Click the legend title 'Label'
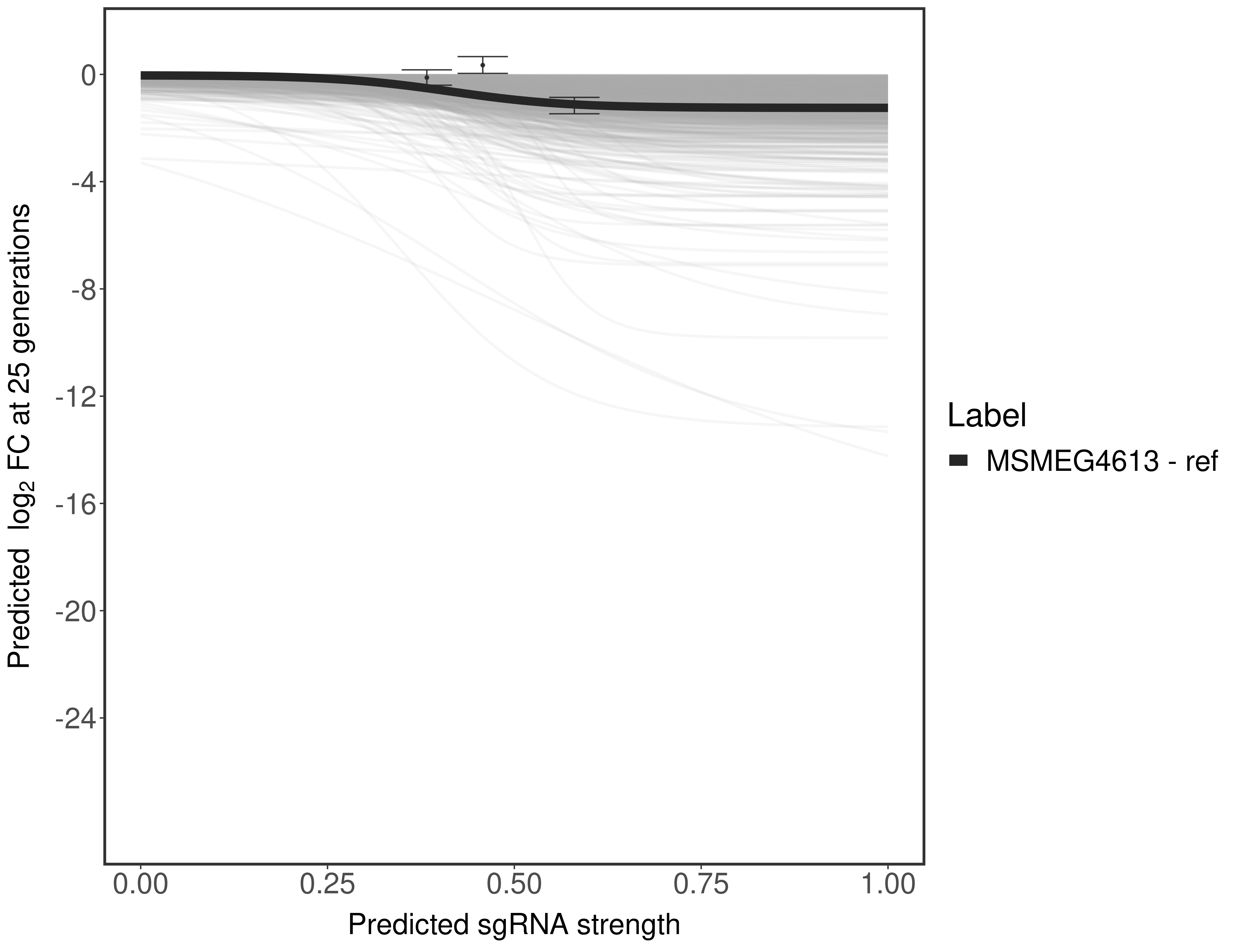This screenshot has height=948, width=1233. tap(987, 416)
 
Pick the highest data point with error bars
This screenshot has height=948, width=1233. tap(483, 65)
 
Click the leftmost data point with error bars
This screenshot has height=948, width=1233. tap(427, 77)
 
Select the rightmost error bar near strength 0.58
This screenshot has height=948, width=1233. tap(574, 106)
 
